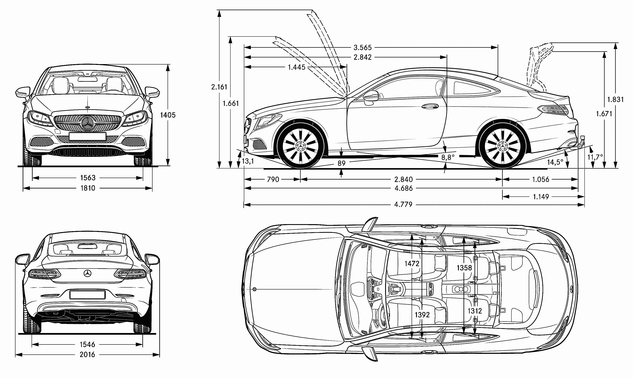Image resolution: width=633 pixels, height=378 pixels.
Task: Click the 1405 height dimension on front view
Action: [168, 115]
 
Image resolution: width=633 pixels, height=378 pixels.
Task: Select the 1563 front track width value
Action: [88, 178]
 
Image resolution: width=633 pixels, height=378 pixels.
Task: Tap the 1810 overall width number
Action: [88, 188]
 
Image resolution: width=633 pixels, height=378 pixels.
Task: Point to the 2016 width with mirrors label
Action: [87, 355]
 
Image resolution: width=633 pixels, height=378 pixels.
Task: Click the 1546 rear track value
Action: [87, 345]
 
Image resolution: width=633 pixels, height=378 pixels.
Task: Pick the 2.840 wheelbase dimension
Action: [403, 180]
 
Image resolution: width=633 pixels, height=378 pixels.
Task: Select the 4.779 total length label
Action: [403, 205]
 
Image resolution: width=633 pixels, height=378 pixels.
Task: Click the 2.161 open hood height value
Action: [219, 87]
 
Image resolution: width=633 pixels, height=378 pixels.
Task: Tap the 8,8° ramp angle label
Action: [448, 157]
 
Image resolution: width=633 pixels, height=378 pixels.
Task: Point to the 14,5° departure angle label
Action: [555, 162]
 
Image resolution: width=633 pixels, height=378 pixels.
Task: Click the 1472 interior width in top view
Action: [412, 264]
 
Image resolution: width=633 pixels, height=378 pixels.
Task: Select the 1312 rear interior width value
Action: [475, 311]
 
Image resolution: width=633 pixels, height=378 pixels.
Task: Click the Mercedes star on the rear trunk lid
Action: [87, 273]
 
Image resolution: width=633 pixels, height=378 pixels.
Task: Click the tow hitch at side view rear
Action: [581, 143]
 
